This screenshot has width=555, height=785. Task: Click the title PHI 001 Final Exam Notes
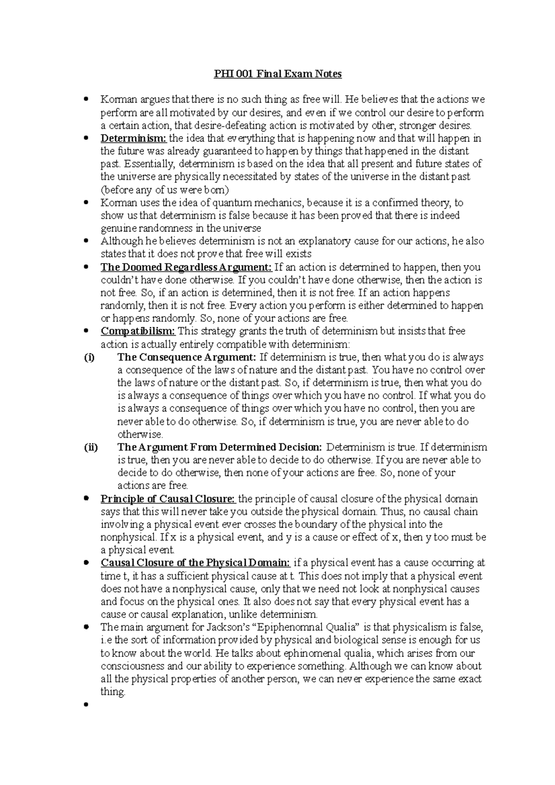point(277,74)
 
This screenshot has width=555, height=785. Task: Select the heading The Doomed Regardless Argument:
point(186,267)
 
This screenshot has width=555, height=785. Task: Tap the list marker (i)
point(89,357)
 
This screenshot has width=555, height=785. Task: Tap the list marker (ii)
point(91,447)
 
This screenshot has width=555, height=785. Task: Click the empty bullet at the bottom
point(86,705)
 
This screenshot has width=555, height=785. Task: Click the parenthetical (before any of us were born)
point(165,190)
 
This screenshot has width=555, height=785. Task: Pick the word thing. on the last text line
point(113,692)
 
